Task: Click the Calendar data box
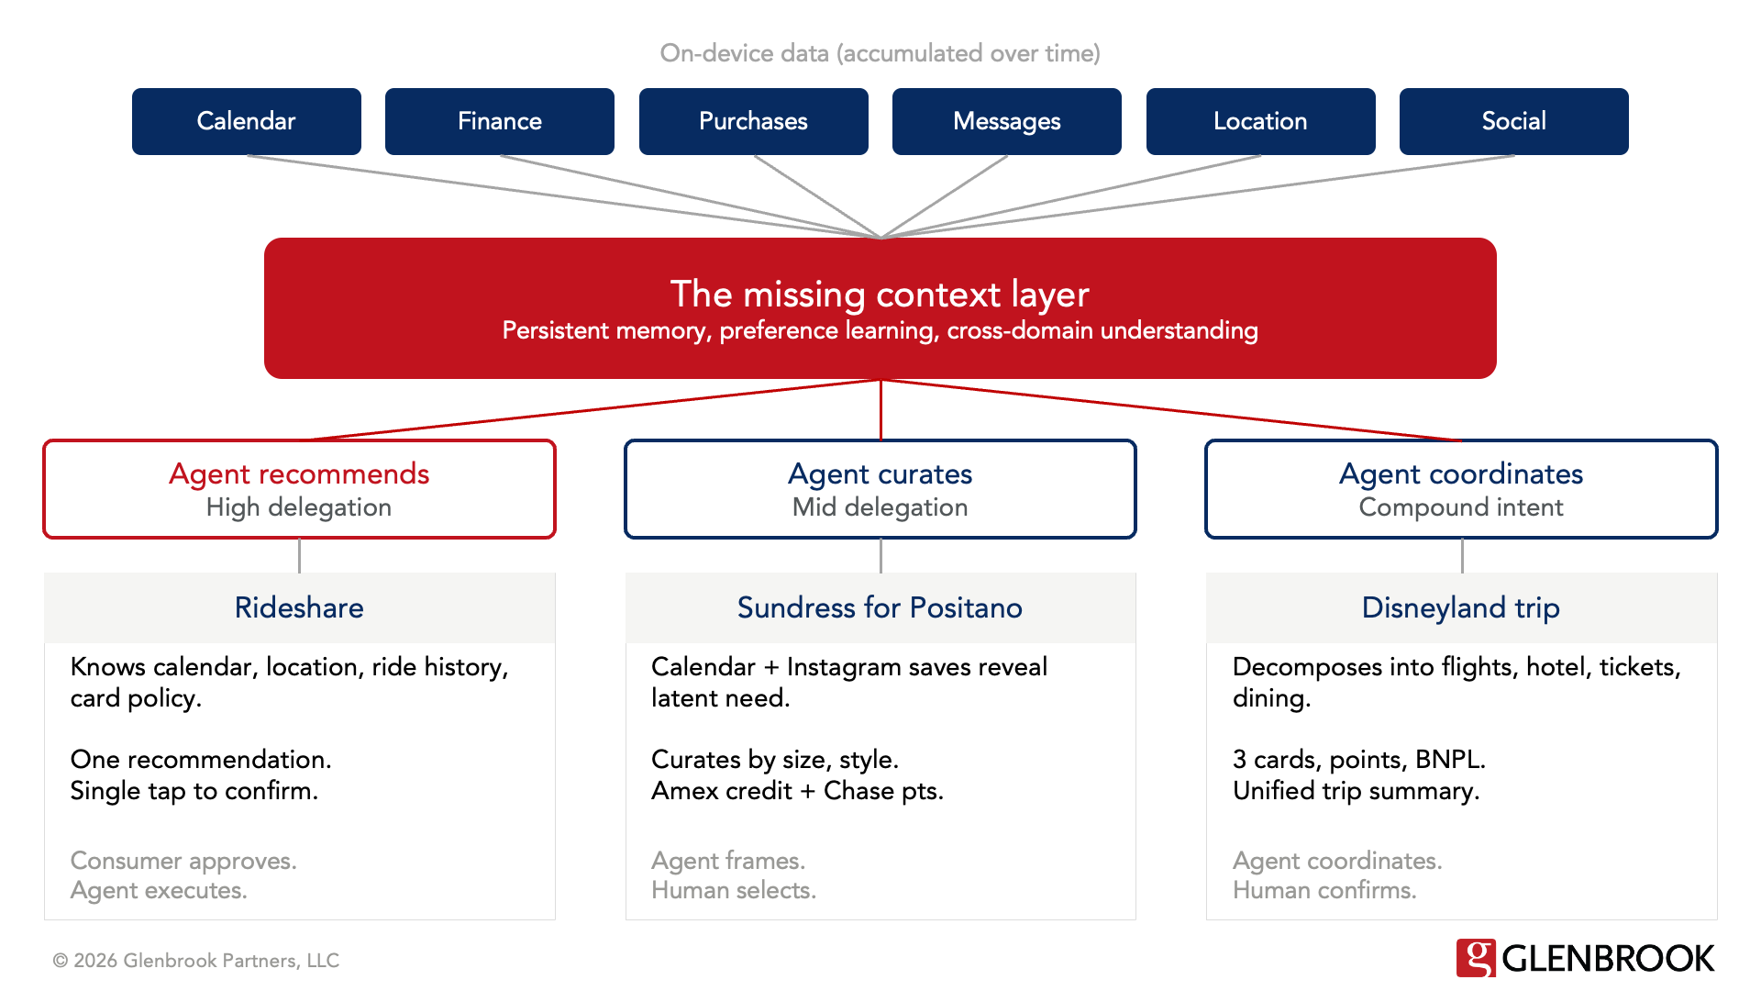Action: pyautogui.click(x=246, y=121)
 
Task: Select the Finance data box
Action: pyautogui.click(x=499, y=121)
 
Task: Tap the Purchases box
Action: pyautogui.click(x=753, y=121)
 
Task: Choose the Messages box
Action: pyautogui.click(x=1006, y=121)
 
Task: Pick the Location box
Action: pyautogui.click(x=1260, y=121)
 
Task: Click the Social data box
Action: pyautogui.click(x=1513, y=121)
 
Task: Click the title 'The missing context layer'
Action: pyautogui.click(x=880, y=295)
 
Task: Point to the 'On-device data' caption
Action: pyautogui.click(x=880, y=53)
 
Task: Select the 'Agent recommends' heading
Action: pyautogui.click(x=299, y=473)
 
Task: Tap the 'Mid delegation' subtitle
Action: pyautogui.click(x=880, y=507)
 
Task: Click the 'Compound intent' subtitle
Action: pyautogui.click(x=1460, y=507)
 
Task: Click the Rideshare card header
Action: pyautogui.click(x=299, y=607)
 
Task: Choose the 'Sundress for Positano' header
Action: pyautogui.click(x=880, y=607)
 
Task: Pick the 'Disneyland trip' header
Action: pyautogui.click(x=1460, y=607)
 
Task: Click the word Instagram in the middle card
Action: pyautogui.click(x=843, y=667)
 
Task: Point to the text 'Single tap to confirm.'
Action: pyautogui.click(x=194, y=791)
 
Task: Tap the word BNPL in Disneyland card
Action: pyautogui.click(x=1448, y=760)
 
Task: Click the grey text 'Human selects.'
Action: pyautogui.click(x=734, y=890)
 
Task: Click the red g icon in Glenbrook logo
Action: pyautogui.click(x=1476, y=958)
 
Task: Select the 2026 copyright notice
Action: pyautogui.click(x=196, y=961)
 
